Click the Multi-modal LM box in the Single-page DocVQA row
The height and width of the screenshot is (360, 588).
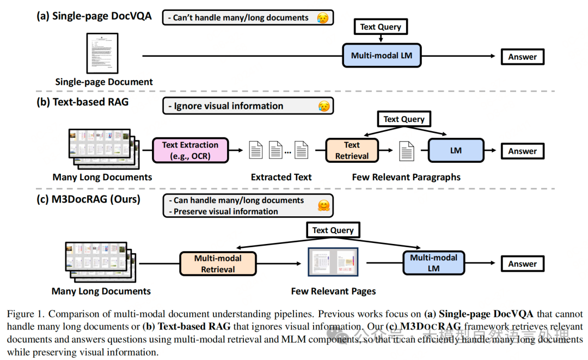[382, 56]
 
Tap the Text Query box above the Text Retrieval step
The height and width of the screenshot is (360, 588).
[403, 119]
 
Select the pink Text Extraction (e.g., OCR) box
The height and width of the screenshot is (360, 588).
[190, 150]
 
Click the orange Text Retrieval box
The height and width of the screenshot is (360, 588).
[352, 150]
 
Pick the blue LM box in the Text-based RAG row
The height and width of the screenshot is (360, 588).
[456, 151]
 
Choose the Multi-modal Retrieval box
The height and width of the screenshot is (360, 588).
[218, 264]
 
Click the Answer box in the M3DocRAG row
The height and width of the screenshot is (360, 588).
[522, 264]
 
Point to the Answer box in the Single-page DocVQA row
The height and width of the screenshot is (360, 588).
[522, 57]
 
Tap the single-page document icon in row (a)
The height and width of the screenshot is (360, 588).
[102, 53]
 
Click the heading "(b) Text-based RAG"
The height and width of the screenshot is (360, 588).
[83, 102]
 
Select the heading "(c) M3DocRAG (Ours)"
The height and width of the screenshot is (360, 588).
[88, 199]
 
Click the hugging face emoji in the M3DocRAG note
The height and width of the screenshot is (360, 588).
[323, 206]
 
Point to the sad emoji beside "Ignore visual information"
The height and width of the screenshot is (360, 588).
[323, 106]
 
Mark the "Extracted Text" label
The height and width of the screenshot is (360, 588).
[281, 177]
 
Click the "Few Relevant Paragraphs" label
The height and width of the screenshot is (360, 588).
[406, 177]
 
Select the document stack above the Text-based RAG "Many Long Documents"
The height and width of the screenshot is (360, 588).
[102, 148]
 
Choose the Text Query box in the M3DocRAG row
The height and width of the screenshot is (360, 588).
[333, 230]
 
